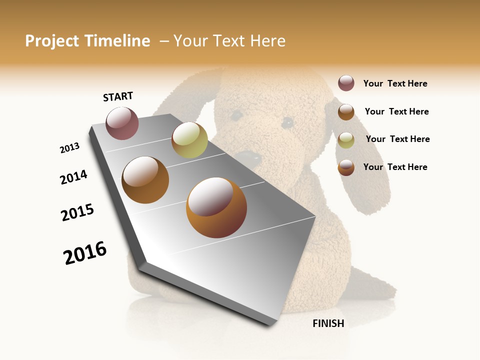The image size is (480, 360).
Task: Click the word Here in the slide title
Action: [x=267, y=41]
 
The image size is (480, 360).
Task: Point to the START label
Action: [x=118, y=96]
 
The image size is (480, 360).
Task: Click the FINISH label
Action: [x=328, y=323]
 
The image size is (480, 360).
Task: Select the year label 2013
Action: [x=70, y=148]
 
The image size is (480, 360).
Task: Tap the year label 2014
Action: [x=73, y=177]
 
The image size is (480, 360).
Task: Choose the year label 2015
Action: [x=77, y=212]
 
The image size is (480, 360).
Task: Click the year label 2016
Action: [x=85, y=253]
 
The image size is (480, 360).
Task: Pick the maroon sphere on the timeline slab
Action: [x=122, y=123]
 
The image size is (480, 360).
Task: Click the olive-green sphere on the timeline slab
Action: [x=189, y=140]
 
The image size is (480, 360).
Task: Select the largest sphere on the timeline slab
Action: [x=216, y=207]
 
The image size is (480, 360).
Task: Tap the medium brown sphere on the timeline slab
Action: [x=145, y=180]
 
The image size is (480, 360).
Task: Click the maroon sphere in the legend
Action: [x=346, y=83]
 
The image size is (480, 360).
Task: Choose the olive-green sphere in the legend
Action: [x=346, y=139]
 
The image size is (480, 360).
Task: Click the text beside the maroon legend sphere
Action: [x=395, y=83]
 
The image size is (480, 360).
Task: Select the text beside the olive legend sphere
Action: [x=397, y=139]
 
